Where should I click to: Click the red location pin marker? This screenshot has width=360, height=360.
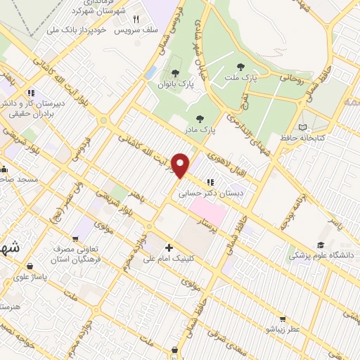click(x=181, y=165)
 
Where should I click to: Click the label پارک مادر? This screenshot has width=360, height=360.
click(x=200, y=130)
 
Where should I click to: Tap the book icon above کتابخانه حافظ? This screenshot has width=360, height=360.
click(x=303, y=127)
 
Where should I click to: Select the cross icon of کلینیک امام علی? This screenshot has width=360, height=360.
click(x=169, y=247)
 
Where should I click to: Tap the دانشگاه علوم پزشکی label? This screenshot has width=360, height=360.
click(x=323, y=256)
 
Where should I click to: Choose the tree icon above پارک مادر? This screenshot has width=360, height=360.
click(x=200, y=119)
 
